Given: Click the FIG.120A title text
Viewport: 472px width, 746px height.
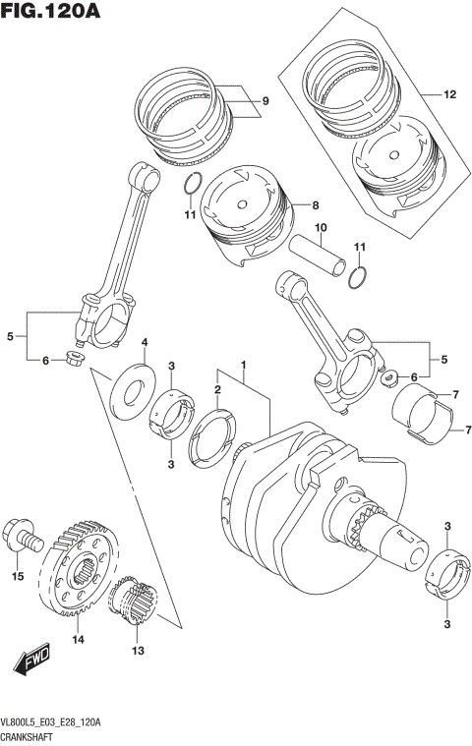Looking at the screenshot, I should pyautogui.click(x=50, y=13).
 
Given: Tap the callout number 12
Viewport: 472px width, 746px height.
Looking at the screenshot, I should pyautogui.click(x=450, y=95).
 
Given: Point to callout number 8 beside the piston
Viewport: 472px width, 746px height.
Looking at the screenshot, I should pyautogui.click(x=316, y=205).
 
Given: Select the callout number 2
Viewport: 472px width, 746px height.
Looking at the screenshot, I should pyautogui.click(x=217, y=390).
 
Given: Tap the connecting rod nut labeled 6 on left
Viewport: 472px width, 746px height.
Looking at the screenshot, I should pyautogui.click(x=73, y=360).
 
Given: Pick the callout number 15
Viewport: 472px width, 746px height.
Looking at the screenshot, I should pyautogui.click(x=16, y=576).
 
